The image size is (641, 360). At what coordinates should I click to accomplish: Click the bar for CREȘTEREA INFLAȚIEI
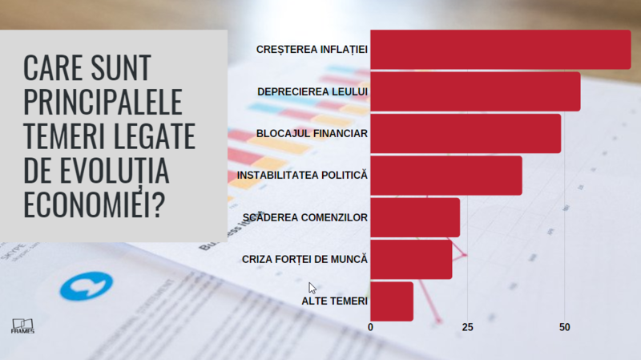(500, 49)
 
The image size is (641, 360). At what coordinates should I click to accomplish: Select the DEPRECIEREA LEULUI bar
(475, 91)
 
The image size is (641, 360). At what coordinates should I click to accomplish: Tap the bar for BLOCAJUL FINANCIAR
(466, 133)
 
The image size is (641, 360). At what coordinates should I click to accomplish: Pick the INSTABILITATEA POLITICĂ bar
(445, 175)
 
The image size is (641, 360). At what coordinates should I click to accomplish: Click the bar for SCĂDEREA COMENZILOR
(415, 217)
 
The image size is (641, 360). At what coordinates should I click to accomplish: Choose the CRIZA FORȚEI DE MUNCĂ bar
(411, 259)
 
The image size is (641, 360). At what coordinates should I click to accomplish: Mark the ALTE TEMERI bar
(392, 301)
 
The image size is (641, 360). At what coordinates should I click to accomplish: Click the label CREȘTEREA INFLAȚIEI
(312, 50)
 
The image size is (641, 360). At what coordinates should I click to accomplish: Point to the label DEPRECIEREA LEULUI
(312, 91)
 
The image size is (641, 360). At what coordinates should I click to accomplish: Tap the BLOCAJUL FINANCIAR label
(312, 133)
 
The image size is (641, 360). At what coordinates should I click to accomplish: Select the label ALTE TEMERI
(334, 301)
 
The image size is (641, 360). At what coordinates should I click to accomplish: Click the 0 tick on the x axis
(370, 327)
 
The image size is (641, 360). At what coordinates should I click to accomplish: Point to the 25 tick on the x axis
(467, 327)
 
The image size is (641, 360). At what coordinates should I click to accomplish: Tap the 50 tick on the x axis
(564, 327)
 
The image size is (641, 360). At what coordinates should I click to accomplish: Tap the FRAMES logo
(22, 323)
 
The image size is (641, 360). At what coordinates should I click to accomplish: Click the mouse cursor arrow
(312, 288)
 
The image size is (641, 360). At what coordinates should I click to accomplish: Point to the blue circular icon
(83, 285)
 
